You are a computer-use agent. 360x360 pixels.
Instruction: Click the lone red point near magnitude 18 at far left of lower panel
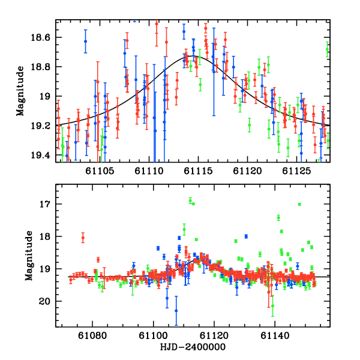83,238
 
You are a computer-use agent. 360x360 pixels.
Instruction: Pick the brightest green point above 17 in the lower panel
190,200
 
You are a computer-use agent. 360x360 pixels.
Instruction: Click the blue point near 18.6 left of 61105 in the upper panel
85,41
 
